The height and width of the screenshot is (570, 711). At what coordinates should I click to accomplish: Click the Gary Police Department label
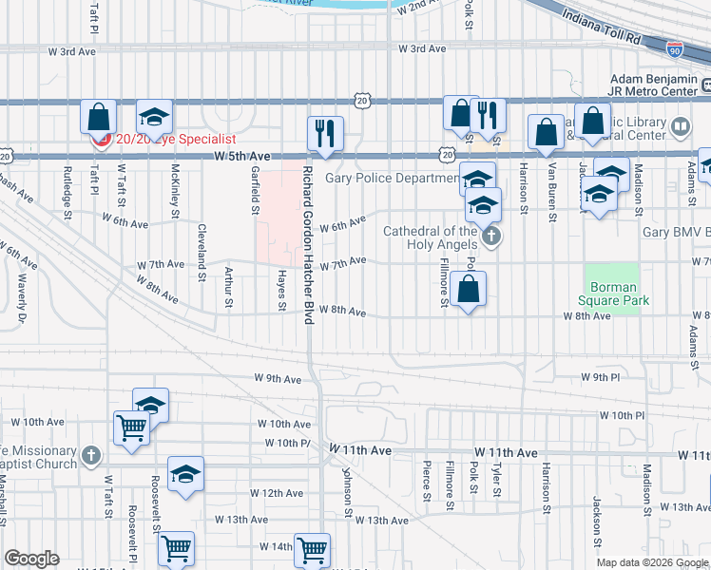point(392,179)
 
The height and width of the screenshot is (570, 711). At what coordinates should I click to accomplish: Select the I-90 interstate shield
point(673,47)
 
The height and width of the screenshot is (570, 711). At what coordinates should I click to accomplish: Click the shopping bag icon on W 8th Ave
point(468,289)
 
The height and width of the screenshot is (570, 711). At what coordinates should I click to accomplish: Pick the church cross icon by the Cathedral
point(490,237)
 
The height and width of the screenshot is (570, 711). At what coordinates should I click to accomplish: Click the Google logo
point(31,559)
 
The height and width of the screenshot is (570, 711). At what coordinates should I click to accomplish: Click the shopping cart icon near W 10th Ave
point(130,427)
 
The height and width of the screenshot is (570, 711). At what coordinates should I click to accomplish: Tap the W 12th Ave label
point(277,493)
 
